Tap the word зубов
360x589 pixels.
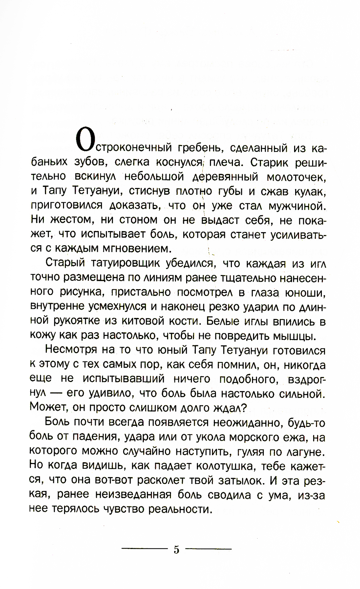(90, 162)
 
